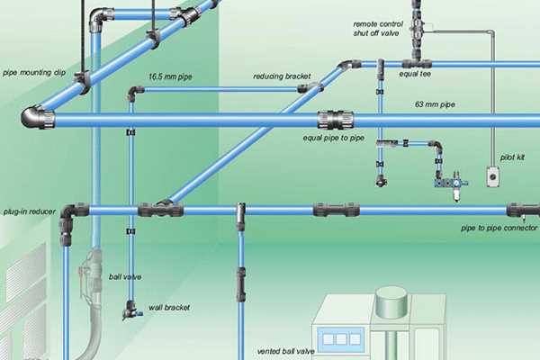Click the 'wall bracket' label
[167, 306]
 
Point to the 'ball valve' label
[125, 276]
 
